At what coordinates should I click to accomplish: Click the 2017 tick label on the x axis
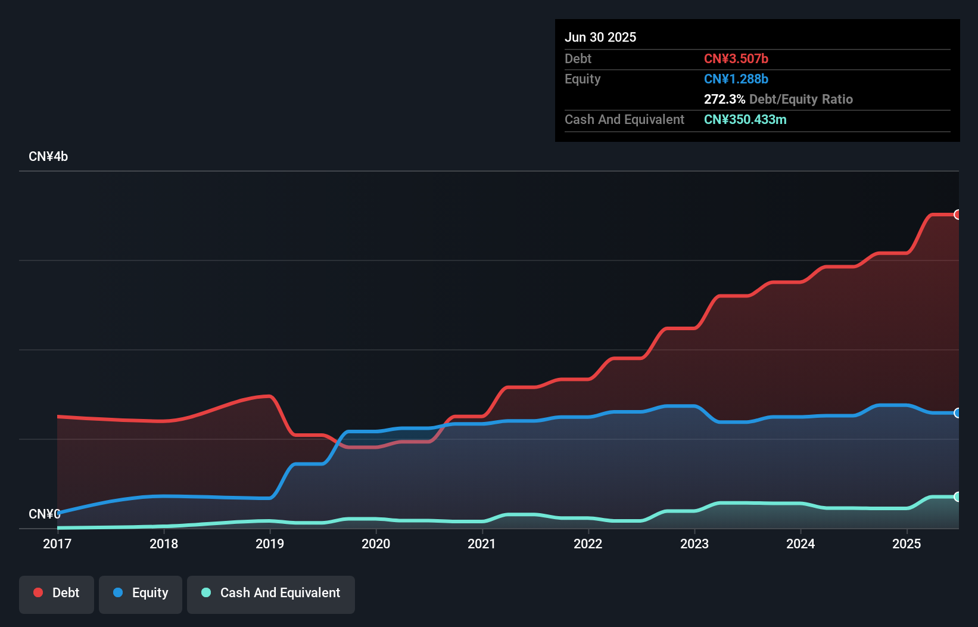click(57, 544)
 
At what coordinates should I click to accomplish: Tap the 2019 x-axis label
click(270, 544)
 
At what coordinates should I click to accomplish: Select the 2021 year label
click(482, 544)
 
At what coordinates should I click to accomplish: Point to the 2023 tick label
click(694, 544)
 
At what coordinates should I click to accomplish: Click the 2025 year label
click(907, 544)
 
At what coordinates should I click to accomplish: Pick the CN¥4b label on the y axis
click(48, 157)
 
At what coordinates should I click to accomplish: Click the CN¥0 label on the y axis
click(45, 514)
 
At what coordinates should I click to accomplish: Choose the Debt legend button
click(57, 593)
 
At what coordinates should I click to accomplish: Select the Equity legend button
click(141, 593)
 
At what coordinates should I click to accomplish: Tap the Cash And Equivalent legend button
click(271, 593)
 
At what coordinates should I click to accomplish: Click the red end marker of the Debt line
click(957, 215)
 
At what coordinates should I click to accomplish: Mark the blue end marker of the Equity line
click(957, 413)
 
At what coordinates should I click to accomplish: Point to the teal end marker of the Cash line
click(957, 496)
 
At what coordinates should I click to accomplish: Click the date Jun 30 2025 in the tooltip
click(600, 37)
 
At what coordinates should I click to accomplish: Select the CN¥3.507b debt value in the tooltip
click(736, 58)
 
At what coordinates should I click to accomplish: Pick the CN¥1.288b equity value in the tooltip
click(736, 79)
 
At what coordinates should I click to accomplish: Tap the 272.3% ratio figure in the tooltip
click(724, 99)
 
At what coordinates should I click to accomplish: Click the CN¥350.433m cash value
click(745, 119)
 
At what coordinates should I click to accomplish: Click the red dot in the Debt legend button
click(38, 592)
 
